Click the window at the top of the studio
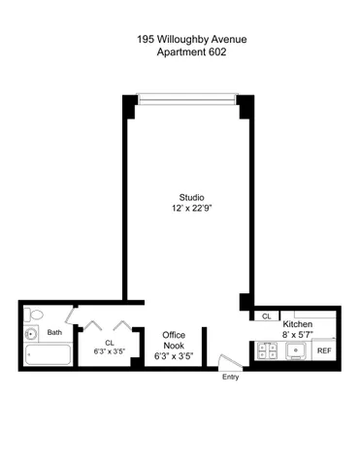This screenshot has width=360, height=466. coord(185,96)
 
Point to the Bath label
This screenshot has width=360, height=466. coord(54,333)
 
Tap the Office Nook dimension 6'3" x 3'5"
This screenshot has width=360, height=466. coord(174,355)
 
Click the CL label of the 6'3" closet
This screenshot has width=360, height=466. coord(110,342)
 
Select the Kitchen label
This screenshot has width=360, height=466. coord(297,323)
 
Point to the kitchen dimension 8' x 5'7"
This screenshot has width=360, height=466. coord(298,334)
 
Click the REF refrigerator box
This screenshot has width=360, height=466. coord(324,350)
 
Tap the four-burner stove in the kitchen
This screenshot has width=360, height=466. coord(268,351)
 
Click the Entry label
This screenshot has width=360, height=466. coord(231,376)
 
